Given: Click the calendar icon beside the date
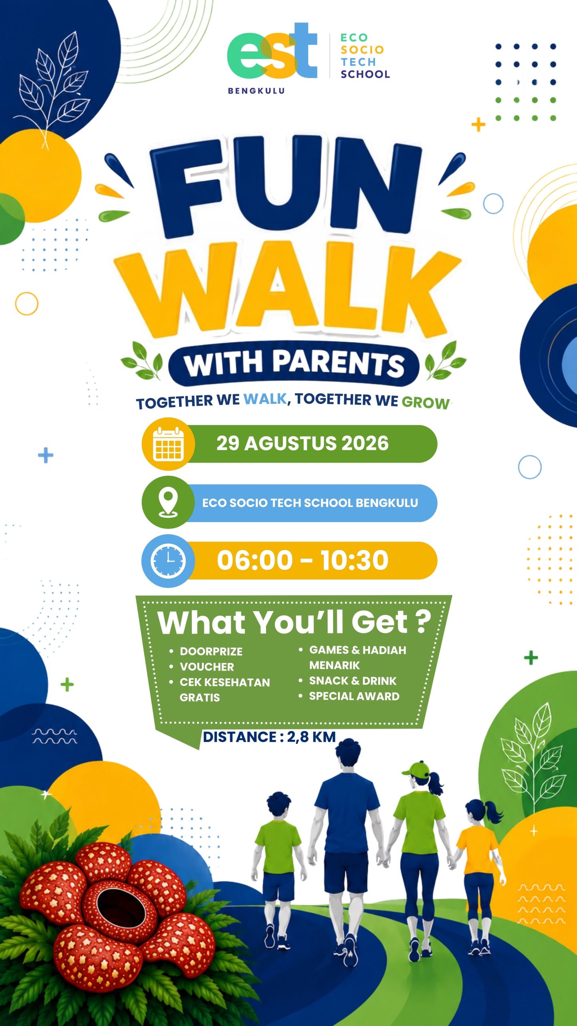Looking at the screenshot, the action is click(168, 444).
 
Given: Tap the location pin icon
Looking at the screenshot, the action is click(168, 503).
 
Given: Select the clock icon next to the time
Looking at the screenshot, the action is click(168, 561).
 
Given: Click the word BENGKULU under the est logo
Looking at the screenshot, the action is click(256, 91).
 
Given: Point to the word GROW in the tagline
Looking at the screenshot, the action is click(426, 403).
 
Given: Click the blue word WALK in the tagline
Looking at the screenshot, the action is click(265, 399).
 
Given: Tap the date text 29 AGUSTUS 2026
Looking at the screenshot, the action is click(303, 443).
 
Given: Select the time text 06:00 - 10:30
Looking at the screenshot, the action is click(303, 560).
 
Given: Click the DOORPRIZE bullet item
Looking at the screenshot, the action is click(211, 652).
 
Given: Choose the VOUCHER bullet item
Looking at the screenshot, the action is click(207, 667).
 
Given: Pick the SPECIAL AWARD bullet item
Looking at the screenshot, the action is click(354, 696).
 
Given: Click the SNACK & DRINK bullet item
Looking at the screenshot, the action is click(353, 681).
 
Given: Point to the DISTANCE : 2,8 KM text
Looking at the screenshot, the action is click(269, 737).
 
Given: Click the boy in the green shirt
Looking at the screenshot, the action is click(278, 870).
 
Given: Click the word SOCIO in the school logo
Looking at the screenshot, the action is click(362, 50).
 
